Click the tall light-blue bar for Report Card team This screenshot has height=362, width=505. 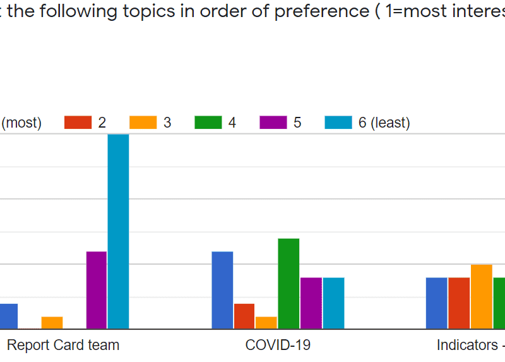[118, 231]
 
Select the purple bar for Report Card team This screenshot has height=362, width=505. [97, 290]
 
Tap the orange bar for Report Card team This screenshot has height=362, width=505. [52, 323]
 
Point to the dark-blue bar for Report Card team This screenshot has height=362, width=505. [8, 316]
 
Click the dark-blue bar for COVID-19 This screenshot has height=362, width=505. [222, 290]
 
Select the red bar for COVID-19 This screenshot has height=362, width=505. [244, 316]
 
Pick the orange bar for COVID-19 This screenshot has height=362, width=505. [266, 323]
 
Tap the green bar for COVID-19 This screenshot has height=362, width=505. [288, 284]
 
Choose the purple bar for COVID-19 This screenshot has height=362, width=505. [311, 303]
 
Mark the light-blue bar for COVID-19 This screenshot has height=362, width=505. [333, 303]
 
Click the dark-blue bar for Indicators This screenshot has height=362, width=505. [437, 303]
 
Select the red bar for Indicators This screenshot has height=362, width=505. [459, 303]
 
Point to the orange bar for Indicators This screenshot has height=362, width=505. [482, 297]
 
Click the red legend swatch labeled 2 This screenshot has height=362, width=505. [78, 123]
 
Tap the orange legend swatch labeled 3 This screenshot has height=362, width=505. [143, 123]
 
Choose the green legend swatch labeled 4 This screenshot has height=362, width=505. [208, 123]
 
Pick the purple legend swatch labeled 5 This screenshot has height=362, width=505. [273, 123]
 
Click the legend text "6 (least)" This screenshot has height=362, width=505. [384, 123]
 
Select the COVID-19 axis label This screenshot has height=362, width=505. [278, 345]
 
